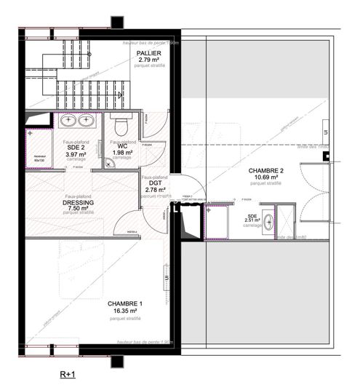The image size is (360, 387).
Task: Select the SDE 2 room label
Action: point(76,147)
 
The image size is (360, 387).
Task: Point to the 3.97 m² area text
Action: point(76,154)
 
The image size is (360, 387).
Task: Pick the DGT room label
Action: point(154,183)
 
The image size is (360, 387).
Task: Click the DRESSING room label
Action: point(78,203)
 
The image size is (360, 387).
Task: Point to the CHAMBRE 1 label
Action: point(124,303)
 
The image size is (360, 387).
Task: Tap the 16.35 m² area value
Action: point(124,311)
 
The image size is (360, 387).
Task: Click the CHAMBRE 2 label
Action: point(266,170)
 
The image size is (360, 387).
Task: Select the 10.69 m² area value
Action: point(266,177)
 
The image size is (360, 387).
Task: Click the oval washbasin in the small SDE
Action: point(268,223)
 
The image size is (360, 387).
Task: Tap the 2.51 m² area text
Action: point(252,220)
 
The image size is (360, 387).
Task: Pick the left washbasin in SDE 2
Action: point(68,120)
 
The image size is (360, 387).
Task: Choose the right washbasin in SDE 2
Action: point(86,120)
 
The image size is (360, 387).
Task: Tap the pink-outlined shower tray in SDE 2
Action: point(39,149)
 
